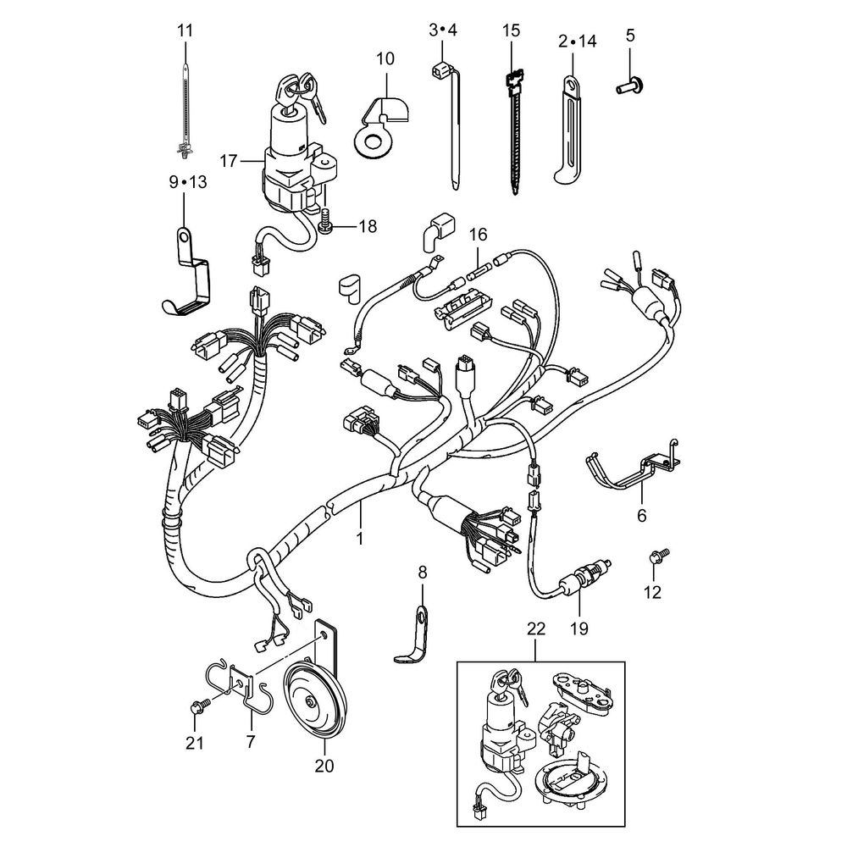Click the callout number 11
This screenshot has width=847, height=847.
tap(185, 30)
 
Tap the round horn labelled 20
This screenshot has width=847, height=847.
tap(313, 697)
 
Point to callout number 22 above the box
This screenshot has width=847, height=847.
tap(536, 629)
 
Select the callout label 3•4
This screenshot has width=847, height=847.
tap(442, 30)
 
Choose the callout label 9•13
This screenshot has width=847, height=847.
tap(187, 182)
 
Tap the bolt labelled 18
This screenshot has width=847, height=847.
tap(325, 227)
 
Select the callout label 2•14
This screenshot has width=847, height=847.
tap(577, 40)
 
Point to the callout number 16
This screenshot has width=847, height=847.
tap(479, 233)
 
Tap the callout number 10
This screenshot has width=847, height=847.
tap(385, 58)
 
